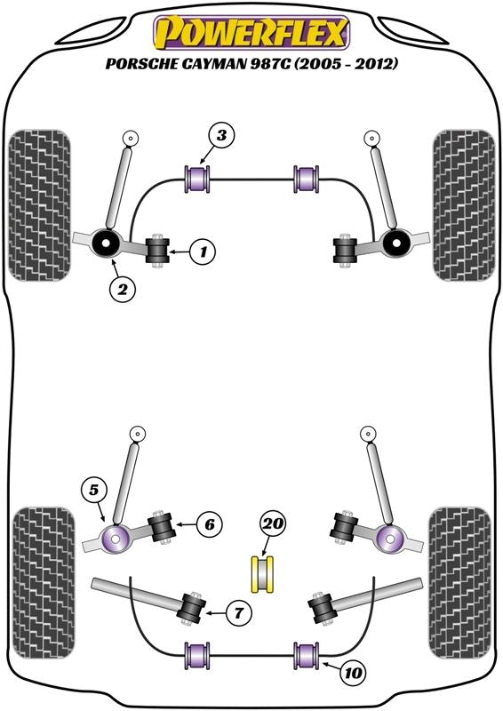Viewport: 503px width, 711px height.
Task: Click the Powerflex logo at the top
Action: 251,32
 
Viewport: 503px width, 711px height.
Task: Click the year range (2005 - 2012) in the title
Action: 346,63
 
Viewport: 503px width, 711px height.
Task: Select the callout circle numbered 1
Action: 203,251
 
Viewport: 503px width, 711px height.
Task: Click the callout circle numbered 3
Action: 221,135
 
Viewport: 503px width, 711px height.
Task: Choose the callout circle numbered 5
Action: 93,491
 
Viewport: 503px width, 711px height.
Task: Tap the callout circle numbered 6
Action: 210,524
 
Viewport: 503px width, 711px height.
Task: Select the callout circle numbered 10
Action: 353,673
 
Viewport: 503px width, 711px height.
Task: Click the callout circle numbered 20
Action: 273,524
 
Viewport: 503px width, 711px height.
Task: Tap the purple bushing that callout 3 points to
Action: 197,180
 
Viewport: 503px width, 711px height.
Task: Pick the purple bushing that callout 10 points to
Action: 307,655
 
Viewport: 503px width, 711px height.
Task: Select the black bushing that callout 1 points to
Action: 157,251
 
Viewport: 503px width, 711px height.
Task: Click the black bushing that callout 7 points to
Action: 193,608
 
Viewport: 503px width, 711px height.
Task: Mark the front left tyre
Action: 40,205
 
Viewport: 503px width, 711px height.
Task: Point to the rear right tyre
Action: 460,583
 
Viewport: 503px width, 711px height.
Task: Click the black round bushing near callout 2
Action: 105,243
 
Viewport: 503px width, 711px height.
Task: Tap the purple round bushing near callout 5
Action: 116,539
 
